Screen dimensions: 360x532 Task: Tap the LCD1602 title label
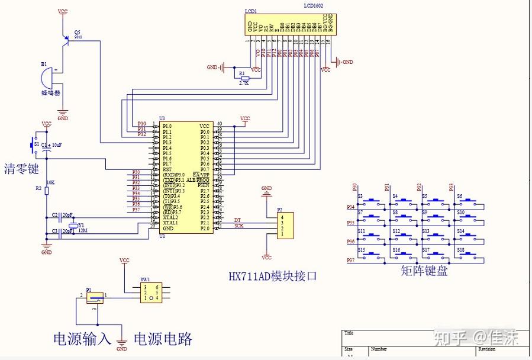pyautogui.click(x=313, y=5)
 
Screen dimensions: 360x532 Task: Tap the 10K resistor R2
pyautogui.click(x=46, y=188)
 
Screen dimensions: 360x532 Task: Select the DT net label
pyautogui.click(x=237, y=220)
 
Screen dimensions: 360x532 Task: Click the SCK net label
pyautogui.click(x=238, y=226)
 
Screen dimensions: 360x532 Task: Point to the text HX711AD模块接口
pyautogui.click(x=270, y=276)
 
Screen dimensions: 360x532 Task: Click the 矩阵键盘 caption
pyautogui.click(x=424, y=272)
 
